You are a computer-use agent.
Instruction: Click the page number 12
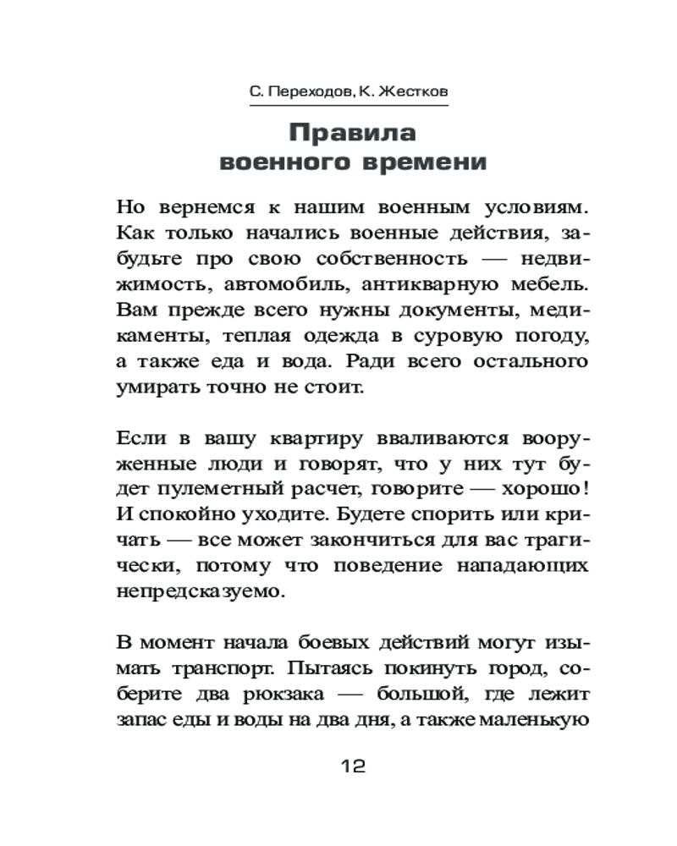tap(351, 767)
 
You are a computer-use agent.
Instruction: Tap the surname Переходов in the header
tap(301, 89)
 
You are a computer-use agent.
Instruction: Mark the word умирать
tap(157, 389)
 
